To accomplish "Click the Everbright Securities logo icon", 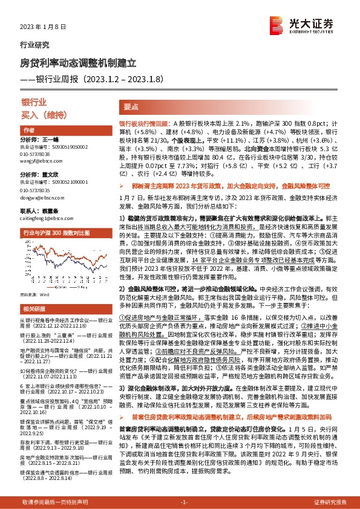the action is click(x=278, y=26).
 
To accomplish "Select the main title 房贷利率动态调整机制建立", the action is click(x=79, y=62).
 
